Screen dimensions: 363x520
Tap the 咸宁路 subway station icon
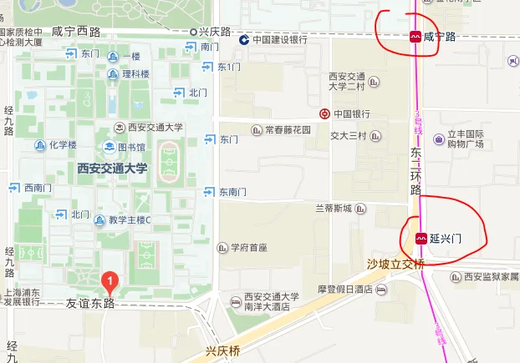click(415, 37)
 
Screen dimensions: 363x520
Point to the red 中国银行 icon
click(324, 113)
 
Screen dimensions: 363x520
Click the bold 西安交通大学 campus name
click(111, 168)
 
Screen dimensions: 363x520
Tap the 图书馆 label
click(131, 148)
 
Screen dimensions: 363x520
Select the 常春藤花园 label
click(287, 130)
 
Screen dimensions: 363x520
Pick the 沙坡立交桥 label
click(396, 264)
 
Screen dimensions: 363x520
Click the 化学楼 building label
click(62, 145)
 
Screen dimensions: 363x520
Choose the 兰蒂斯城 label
click(334, 208)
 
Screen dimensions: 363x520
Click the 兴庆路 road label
click(215, 31)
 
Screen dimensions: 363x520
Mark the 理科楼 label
click(135, 73)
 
